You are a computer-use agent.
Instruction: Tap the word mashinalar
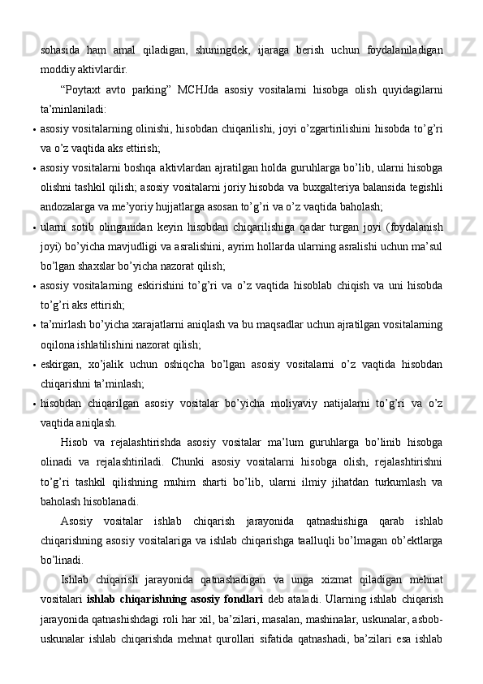325,619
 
